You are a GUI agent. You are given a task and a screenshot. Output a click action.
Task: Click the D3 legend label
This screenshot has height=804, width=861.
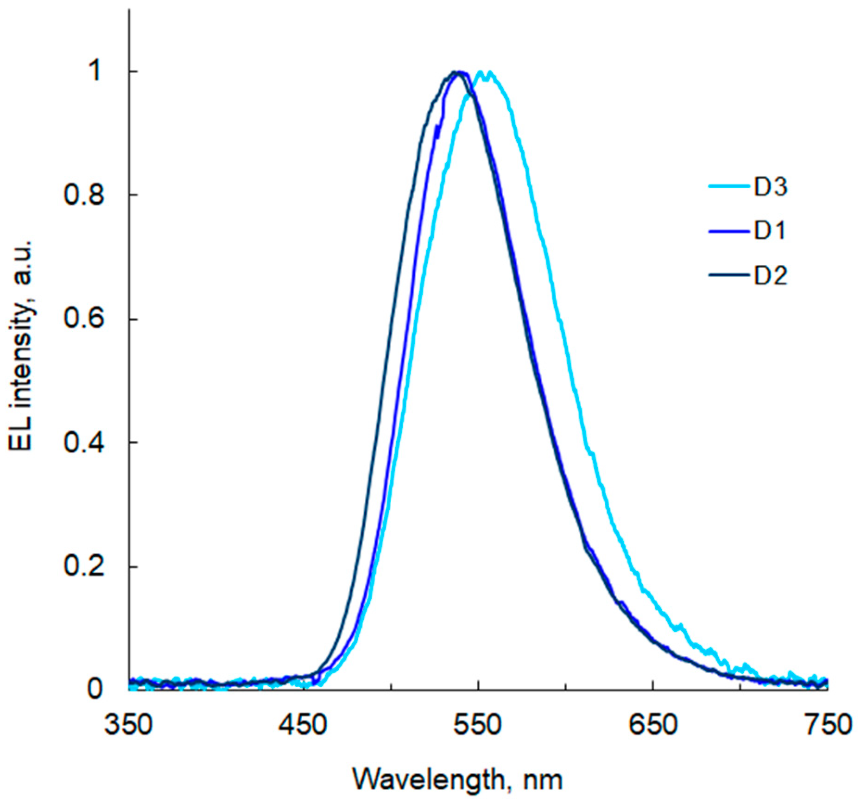click(770, 187)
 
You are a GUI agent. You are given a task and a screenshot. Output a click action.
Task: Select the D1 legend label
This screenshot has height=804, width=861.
click(770, 231)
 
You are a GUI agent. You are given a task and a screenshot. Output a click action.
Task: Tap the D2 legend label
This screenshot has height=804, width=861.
click(770, 276)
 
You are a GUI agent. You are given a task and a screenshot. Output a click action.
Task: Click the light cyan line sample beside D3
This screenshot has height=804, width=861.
click(729, 187)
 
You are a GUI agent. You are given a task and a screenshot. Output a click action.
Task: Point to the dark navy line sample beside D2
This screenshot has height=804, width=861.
click(729, 276)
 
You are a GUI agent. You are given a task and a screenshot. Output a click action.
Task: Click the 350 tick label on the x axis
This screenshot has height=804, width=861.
click(128, 725)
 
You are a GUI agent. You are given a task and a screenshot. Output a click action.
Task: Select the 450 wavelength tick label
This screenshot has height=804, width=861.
click(303, 725)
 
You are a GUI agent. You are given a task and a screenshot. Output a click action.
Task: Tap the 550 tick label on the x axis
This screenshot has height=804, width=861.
click(478, 725)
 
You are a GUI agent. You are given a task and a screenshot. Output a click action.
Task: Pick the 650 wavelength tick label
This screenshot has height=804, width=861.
click(652, 725)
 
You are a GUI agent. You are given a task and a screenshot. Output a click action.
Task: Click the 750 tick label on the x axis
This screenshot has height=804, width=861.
click(828, 725)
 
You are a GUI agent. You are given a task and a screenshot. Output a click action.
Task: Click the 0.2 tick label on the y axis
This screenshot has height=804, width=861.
click(83, 567)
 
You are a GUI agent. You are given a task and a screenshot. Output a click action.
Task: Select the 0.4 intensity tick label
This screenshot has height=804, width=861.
click(83, 443)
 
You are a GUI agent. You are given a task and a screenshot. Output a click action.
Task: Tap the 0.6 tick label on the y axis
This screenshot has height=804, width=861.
click(83, 319)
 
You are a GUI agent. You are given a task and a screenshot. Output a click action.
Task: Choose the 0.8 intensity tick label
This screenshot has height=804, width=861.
click(83, 195)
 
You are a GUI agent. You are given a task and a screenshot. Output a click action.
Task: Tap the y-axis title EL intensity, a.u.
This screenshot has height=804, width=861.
click(21, 345)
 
